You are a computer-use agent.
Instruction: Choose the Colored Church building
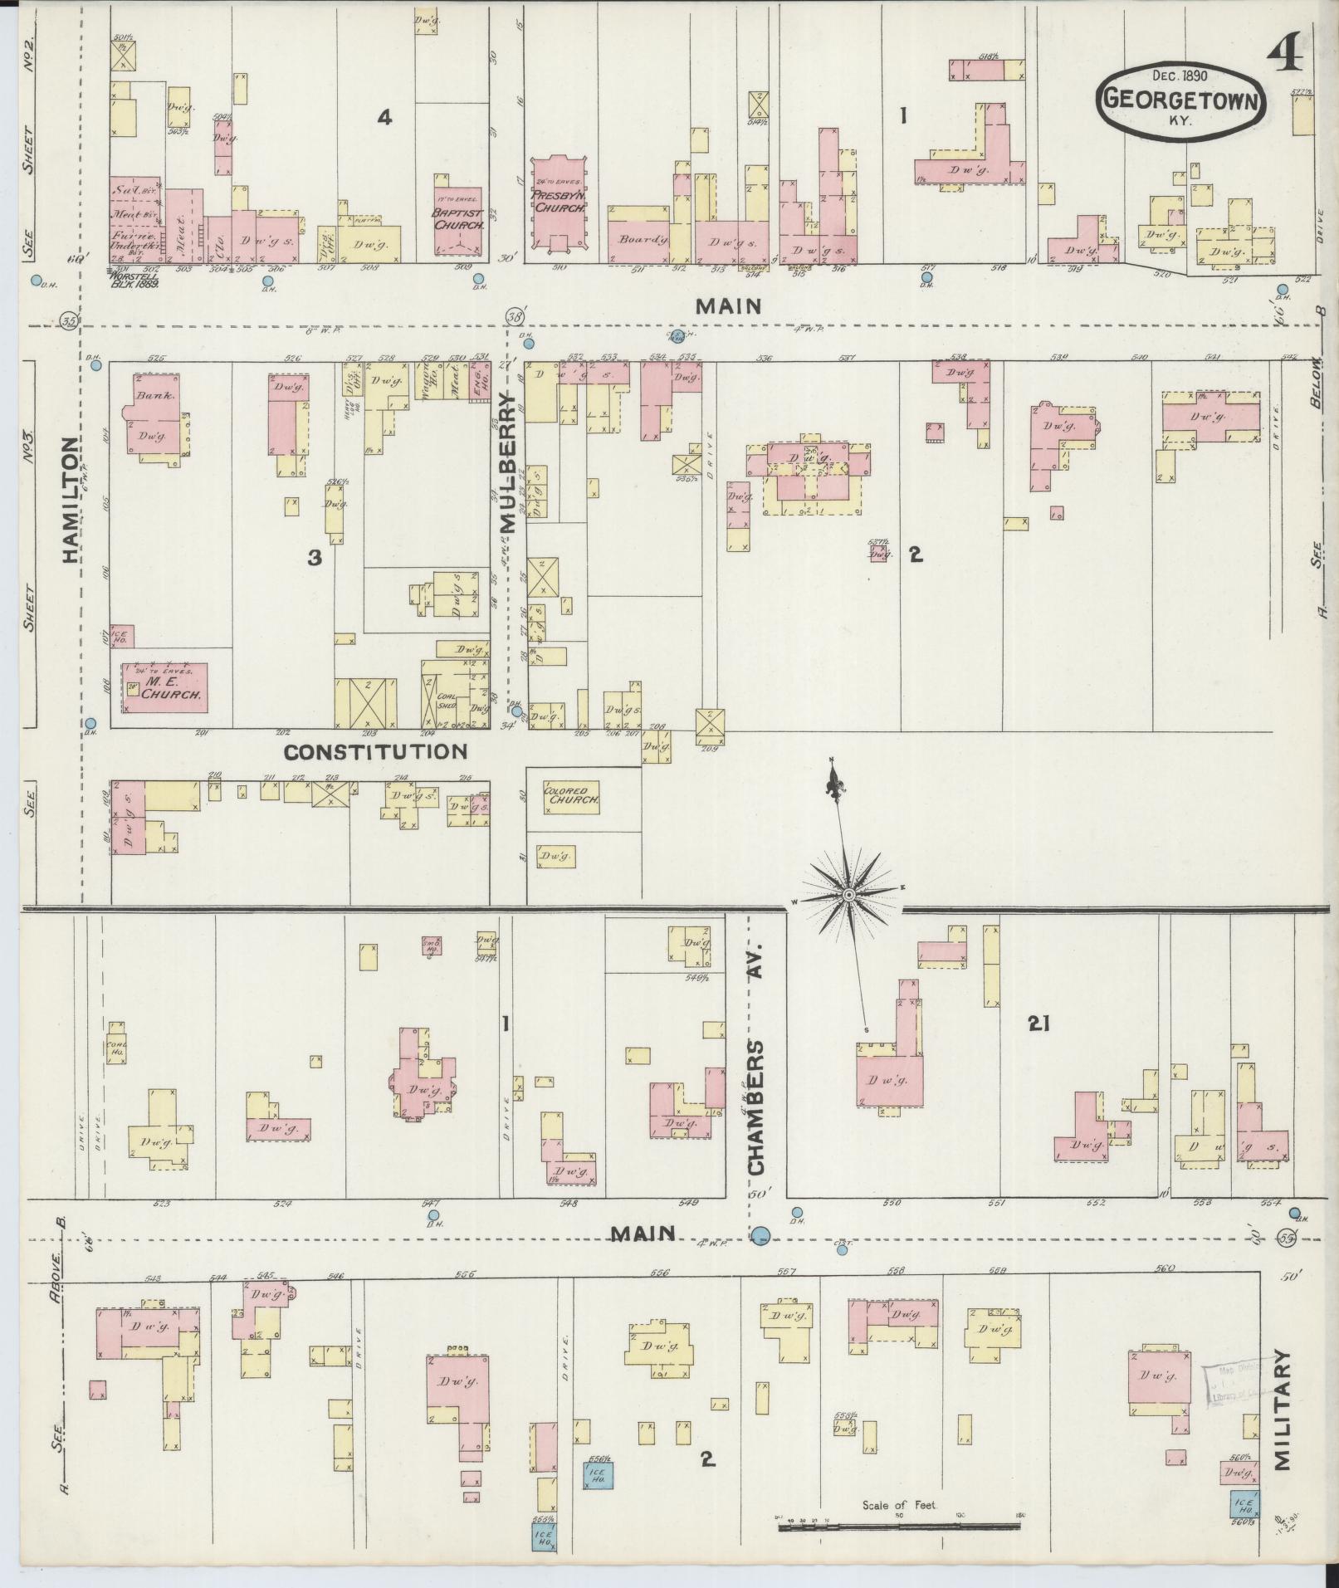click(x=571, y=796)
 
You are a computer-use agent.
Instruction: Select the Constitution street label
click(x=375, y=752)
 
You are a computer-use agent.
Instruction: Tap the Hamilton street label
click(x=71, y=501)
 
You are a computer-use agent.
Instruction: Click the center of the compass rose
click(x=848, y=895)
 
